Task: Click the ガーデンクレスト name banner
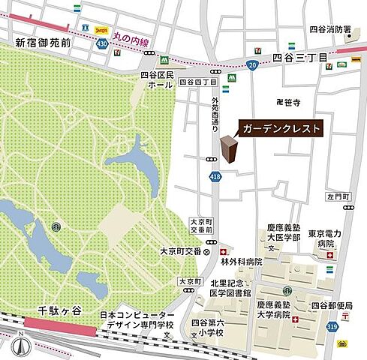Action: [281, 129]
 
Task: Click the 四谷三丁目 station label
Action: [300, 58]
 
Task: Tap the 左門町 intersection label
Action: [339, 196]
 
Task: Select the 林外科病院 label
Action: [242, 262]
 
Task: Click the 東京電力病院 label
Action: [324, 239]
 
